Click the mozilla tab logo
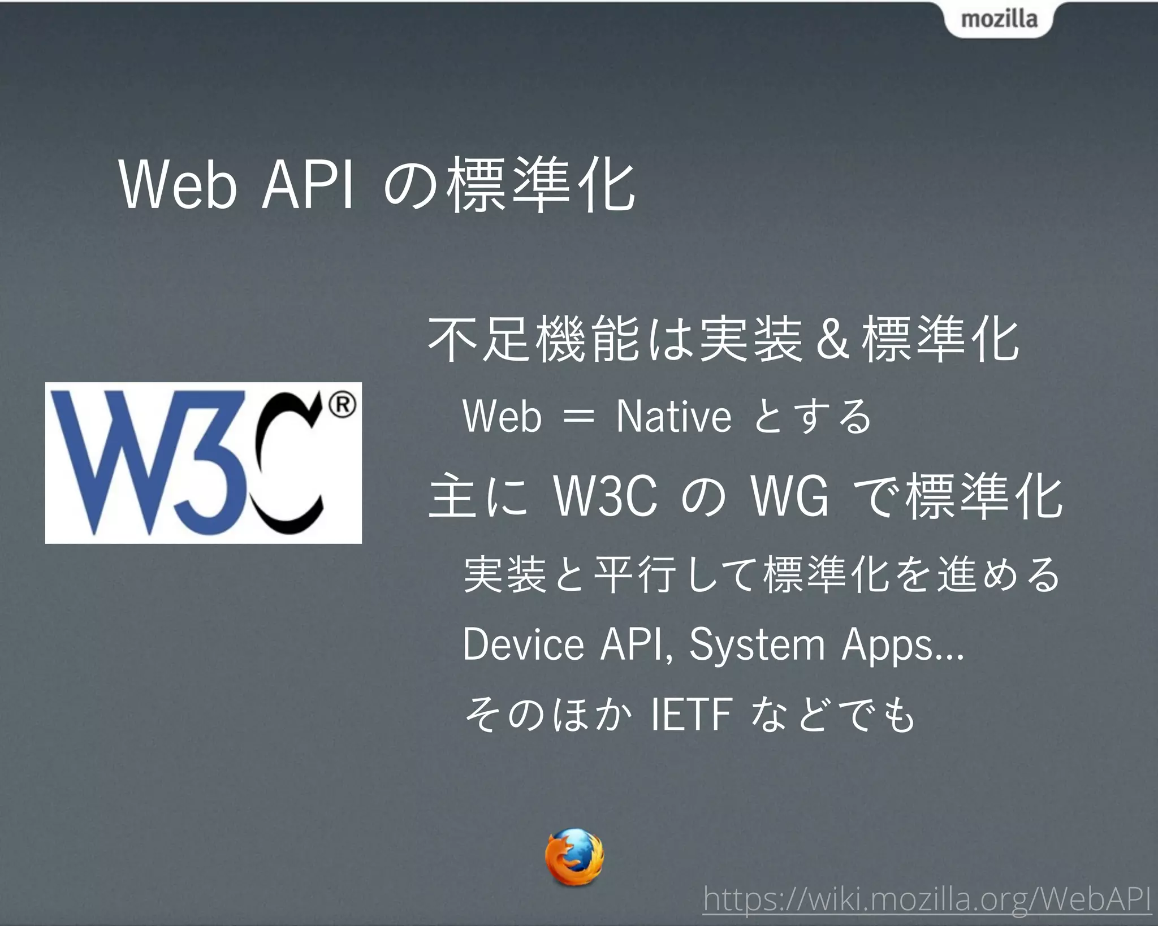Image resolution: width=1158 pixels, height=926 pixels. (999, 20)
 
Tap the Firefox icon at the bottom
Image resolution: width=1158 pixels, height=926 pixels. (573, 856)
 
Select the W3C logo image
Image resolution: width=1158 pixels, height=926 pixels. (204, 463)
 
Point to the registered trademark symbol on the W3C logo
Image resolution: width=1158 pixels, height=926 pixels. (342, 405)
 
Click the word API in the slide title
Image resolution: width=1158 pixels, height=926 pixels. (308, 185)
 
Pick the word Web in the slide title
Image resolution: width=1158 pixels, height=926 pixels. (178, 185)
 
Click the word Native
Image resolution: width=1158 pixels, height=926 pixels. (673, 416)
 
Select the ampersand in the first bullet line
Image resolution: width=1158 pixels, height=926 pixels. (832, 340)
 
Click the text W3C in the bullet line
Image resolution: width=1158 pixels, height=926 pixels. (606, 496)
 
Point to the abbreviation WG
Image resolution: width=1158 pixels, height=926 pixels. (789, 496)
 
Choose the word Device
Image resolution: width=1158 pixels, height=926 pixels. (523, 644)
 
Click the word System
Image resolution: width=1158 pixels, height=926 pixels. (757, 645)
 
